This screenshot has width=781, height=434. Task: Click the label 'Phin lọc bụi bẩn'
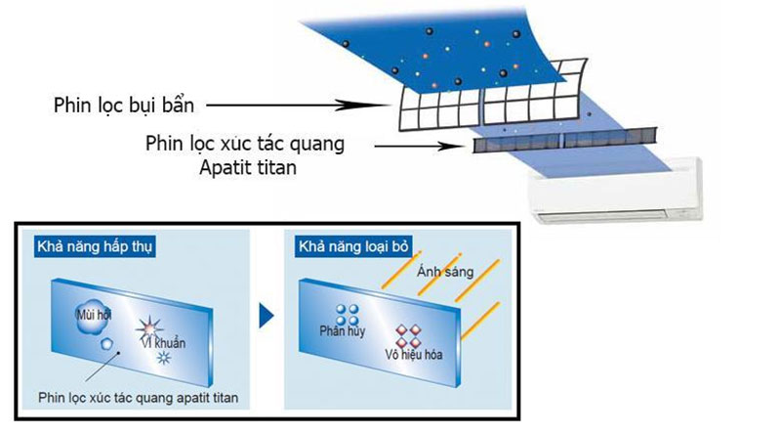click(124, 106)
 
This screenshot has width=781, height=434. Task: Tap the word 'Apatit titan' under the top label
click(248, 167)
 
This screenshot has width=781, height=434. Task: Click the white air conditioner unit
click(617, 191)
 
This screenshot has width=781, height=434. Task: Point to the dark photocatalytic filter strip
click(564, 140)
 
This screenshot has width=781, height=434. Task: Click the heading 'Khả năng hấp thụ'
click(95, 247)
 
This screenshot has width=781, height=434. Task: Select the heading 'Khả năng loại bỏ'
click(353, 247)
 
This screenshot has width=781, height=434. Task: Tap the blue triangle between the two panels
click(266, 316)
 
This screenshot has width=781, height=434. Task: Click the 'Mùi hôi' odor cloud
click(93, 316)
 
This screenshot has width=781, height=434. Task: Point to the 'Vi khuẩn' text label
click(163, 343)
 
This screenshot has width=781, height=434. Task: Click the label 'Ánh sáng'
click(445, 272)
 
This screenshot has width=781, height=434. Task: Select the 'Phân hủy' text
click(343, 330)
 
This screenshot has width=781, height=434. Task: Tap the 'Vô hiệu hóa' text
click(413, 355)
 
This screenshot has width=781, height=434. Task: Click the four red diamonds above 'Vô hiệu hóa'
click(408, 335)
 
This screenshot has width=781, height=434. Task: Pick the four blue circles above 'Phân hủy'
click(348, 315)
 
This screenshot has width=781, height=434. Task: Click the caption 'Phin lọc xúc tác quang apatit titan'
click(138, 398)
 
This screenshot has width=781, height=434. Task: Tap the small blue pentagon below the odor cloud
click(106, 344)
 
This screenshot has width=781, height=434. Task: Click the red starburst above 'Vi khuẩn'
click(149, 328)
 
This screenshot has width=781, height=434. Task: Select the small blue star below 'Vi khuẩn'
click(163, 358)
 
